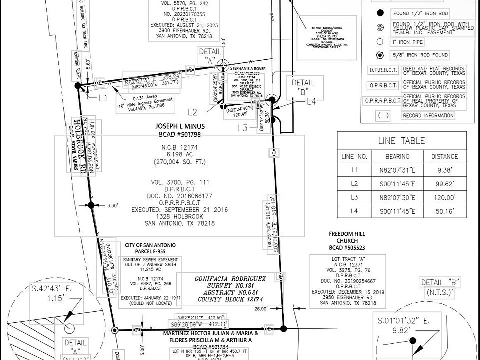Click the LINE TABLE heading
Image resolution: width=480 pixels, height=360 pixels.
pyautogui.click(x=401, y=141)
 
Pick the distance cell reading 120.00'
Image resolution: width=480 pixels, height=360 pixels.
pyautogui.click(x=444, y=197)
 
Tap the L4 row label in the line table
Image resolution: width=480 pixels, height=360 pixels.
pyautogui.click(x=354, y=211)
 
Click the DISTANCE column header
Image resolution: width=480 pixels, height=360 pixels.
pyautogui.click(x=444, y=156)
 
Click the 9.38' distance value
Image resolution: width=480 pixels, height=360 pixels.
pyautogui.click(x=444, y=170)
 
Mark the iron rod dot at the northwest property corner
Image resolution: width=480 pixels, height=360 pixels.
pyautogui.click(x=78, y=86)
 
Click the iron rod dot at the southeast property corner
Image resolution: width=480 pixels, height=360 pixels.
pyautogui.click(x=284, y=328)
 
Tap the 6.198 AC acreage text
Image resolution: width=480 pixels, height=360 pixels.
pyautogui.click(x=179, y=155)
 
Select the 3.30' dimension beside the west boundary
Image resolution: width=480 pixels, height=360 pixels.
pyautogui.click(x=112, y=205)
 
